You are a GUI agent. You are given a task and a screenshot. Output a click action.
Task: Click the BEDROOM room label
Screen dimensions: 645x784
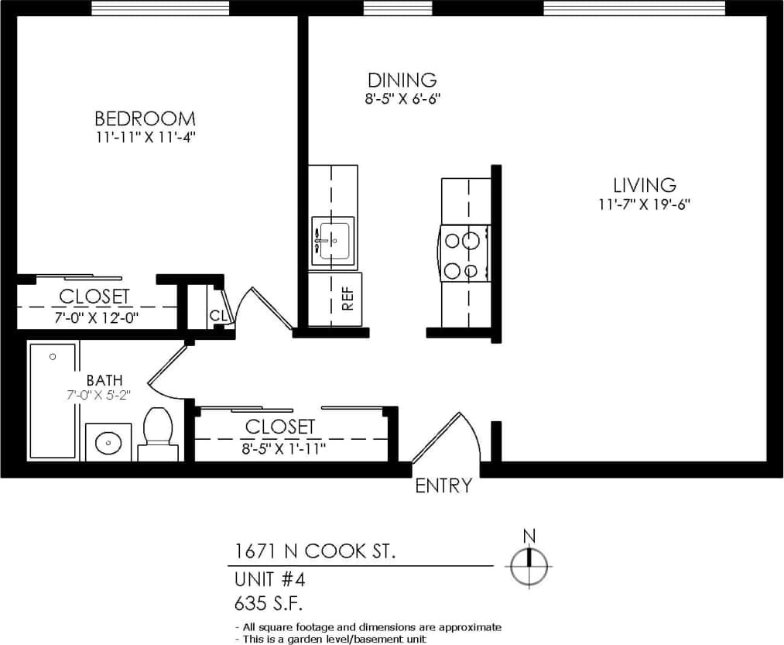[x=145, y=118]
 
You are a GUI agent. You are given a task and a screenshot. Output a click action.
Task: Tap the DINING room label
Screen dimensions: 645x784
[x=402, y=80]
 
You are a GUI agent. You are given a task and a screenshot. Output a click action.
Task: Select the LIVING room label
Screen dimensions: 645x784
[x=645, y=186]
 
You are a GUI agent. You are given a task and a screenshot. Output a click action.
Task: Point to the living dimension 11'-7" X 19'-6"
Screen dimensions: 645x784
[x=645, y=204]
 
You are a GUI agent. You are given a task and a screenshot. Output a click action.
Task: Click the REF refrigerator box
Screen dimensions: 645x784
[x=336, y=299]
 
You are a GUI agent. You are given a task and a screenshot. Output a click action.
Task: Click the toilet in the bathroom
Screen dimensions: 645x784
[x=159, y=434]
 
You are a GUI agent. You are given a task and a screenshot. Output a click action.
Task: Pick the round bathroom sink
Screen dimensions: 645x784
[x=108, y=444]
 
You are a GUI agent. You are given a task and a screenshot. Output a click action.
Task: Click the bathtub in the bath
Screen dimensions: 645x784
[x=53, y=400]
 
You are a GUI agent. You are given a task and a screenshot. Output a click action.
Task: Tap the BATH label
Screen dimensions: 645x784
[x=104, y=380]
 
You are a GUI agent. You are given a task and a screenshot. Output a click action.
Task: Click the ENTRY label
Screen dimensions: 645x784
[x=443, y=486]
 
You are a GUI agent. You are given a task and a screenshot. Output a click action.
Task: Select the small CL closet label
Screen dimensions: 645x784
[x=217, y=316]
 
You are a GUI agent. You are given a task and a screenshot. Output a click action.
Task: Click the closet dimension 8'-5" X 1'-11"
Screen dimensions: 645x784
[x=280, y=446]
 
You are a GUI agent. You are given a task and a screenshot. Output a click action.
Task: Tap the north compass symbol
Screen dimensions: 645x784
[x=529, y=565]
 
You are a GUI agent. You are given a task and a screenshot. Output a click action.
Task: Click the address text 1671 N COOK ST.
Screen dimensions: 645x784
[x=316, y=552]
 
